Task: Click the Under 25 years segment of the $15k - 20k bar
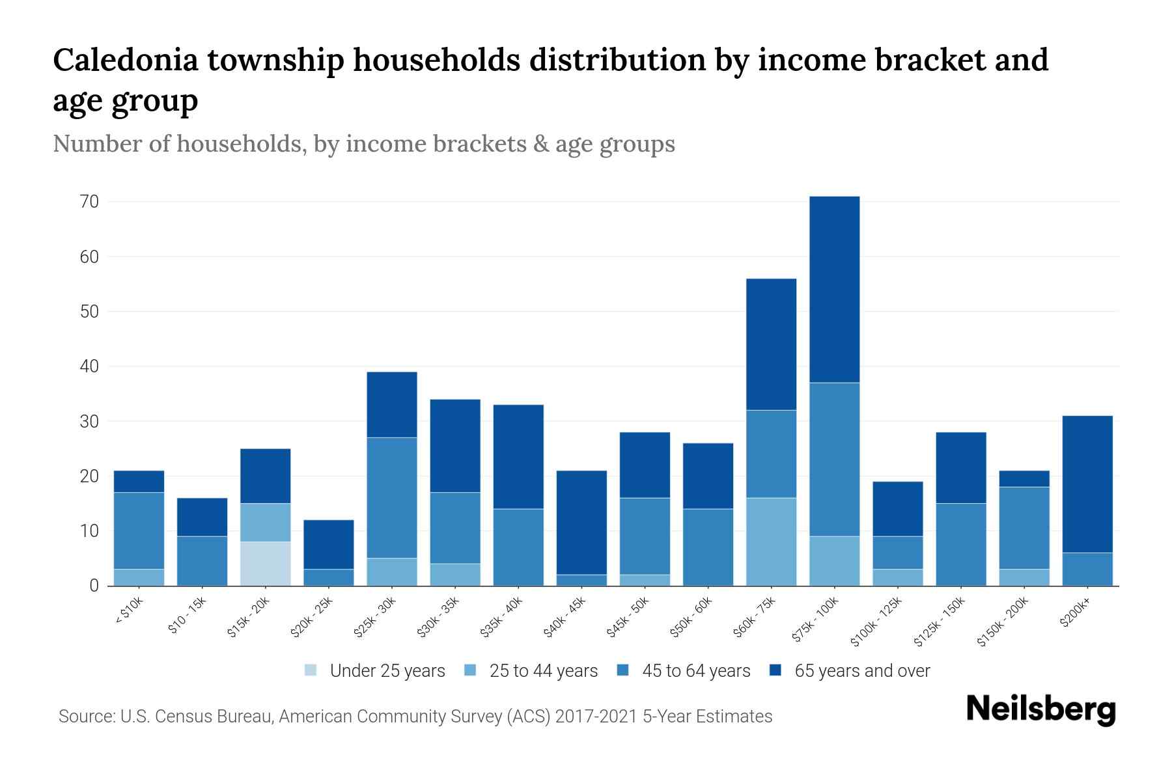point(265,564)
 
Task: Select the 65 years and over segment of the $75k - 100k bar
point(834,289)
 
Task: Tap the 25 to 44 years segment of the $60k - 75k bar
point(771,541)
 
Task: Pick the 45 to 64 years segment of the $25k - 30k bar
point(391,498)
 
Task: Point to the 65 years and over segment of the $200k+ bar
point(1087,484)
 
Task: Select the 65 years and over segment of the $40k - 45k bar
point(581,523)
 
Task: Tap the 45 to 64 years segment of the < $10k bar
point(139,530)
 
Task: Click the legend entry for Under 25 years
point(374,671)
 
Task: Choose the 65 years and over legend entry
point(850,671)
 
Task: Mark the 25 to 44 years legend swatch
point(471,670)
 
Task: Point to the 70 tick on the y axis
point(90,202)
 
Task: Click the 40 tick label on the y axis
point(90,366)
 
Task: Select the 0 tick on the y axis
point(94,586)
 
